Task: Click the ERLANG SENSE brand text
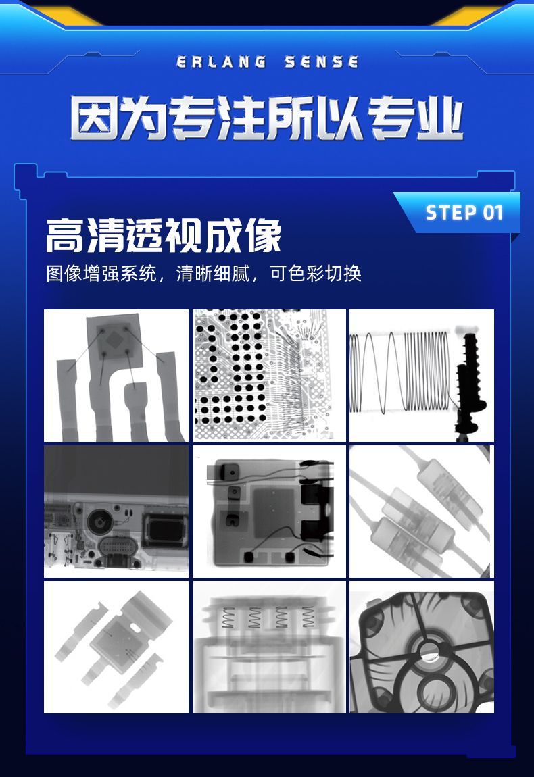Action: [x=267, y=62]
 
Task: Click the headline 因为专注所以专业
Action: [x=267, y=118]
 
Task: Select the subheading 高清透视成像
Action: [x=164, y=236]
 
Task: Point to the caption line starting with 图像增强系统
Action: [x=203, y=273]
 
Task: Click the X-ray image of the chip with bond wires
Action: [x=116, y=375]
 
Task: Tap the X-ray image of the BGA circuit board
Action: [x=269, y=375]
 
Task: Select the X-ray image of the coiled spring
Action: [x=421, y=375]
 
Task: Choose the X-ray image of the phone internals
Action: [x=116, y=511]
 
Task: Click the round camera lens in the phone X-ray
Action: [x=101, y=522]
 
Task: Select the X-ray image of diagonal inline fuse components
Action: [x=421, y=511]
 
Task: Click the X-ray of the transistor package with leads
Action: [x=116, y=647]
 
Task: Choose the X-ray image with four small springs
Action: [x=269, y=647]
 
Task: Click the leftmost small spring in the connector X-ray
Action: [x=228, y=618]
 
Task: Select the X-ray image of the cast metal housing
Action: [x=421, y=647]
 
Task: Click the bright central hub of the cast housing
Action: [x=429, y=651]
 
